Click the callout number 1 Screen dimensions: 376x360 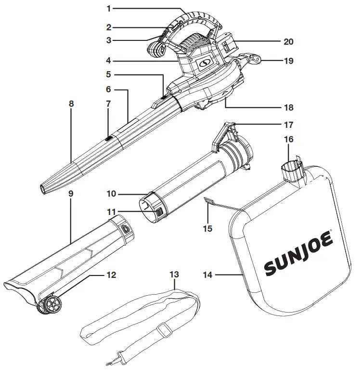point(109,9)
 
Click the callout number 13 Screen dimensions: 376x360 point(174,275)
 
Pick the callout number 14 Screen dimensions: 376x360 point(207,276)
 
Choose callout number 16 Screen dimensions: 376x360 point(289,139)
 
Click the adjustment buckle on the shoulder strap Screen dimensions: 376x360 point(165,331)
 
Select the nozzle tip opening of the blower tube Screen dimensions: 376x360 point(45,189)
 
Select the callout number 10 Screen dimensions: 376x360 point(111,194)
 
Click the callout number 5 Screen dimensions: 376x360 point(108,75)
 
